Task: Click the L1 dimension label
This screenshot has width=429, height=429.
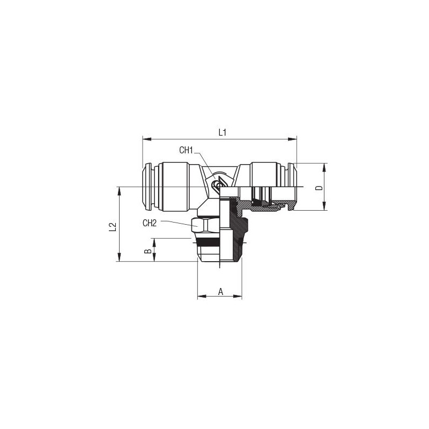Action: click(x=223, y=132)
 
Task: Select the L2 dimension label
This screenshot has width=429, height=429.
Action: click(x=113, y=227)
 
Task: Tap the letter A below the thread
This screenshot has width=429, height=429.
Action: click(x=220, y=292)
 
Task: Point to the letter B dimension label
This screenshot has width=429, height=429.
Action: click(x=148, y=251)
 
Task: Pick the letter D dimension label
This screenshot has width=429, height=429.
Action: click(x=319, y=188)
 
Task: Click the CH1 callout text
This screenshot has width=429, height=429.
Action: click(x=186, y=150)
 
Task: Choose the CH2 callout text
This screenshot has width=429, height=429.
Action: click(x=150, y=223)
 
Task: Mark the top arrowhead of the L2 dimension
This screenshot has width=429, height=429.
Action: click(x=119, y=191)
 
